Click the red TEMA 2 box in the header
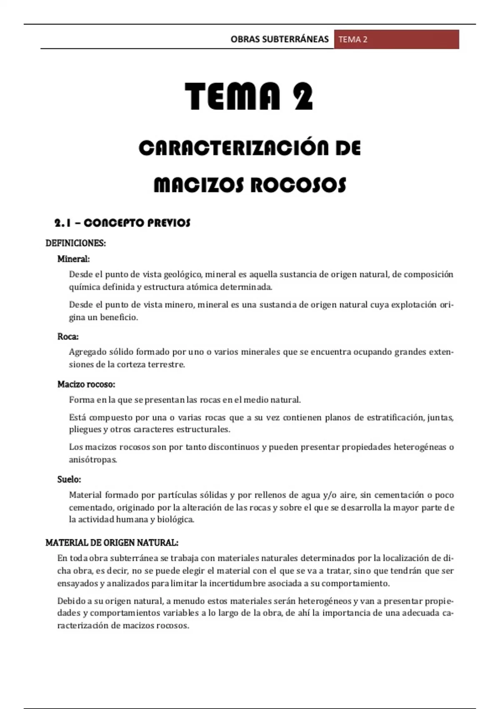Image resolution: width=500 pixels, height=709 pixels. pyautogui.click(x=396, y=40)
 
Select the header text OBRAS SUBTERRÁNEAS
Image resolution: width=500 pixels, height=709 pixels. pyautogui.click(x=279, y=40)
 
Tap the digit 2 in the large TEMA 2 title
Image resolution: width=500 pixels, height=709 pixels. pyautogui.click(x=303, y=97)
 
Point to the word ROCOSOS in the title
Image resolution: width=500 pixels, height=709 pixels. pyautogui.click(x=298, y=185)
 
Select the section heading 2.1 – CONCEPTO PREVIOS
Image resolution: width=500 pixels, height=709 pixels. pyautogui.click(x=122, y=223)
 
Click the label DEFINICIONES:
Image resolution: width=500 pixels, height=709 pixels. pyautogui.click(x=75, y=243)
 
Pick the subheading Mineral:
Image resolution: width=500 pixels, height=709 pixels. pyautogui.click(x=73, y=259)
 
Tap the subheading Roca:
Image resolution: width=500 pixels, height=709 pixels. pyautogui.click(x=68, y=337)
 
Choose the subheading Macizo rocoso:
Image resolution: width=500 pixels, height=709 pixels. pyautogui.click(x=86, y=384)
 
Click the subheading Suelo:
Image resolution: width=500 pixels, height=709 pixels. pyautogui.click(x=69, y=480)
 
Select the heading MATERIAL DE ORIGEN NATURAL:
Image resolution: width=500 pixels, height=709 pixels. pyautogui.click(x=112, y=543)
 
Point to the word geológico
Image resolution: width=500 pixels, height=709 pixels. pyautogui.click(x=183, y=275)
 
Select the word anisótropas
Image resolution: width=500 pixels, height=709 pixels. pyautogui.click(x=92, y=460)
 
